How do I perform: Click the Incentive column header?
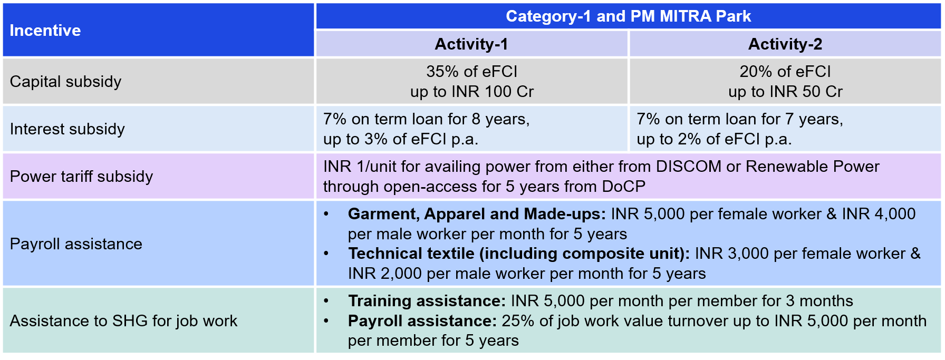(x=45, y=30)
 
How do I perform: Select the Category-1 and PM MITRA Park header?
(x=628, y=16)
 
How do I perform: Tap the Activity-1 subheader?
(x=471, y=44)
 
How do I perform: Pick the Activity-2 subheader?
(x=785, y=44)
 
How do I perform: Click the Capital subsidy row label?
(x=65, y=82)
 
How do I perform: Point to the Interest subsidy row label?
(x=67, y=129)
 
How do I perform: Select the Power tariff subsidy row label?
(x=81, y=177)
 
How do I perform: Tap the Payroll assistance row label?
(x=76, y=244)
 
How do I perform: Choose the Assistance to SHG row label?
(x=123, y=320)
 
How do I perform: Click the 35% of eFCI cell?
(x=471, y=82)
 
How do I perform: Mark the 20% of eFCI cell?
(x=785, y=82)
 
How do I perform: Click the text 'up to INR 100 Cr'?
(x=472, y=92)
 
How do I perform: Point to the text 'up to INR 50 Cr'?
(x=786, y=92)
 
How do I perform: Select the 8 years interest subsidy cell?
(x=471, y=129)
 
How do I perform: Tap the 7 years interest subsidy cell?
(x=785, y=129)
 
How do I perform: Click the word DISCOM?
(x=689, y=167)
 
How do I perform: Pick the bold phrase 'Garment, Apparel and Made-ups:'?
(x=477, y=214)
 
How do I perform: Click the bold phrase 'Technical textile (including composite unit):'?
(x=519, y=254)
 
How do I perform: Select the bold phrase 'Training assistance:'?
(x=427, y=301)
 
